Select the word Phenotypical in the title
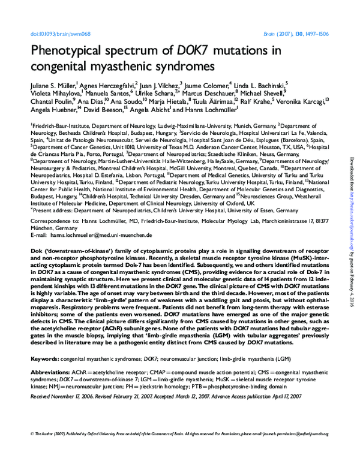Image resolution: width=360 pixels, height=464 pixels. pyautogui.click(x=70, y=50)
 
